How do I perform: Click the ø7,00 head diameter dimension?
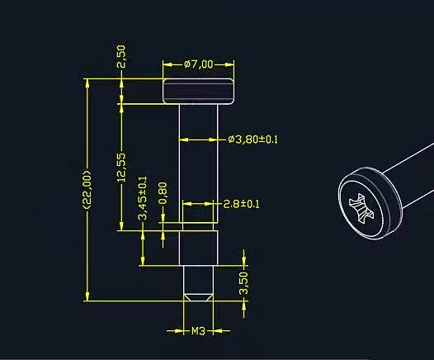pyautogui.click(x=198, y=64)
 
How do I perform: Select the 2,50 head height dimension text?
pyautogui.click(x=120, y=56)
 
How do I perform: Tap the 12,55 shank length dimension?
pyautogui.click(x=120, y=166)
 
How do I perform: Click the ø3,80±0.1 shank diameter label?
pyautogui.click(x=253, y=140)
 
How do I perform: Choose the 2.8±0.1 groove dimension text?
pyautogui.click(x=242, y=204)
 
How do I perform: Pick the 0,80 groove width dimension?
pyautogui.click(x=163, y=192)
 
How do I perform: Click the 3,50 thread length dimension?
pyautogui.click(x=243, y=283)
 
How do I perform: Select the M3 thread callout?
pyautogui.click(x=198, y=332)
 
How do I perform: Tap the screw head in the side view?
pyautogui.click(x=198, y=90)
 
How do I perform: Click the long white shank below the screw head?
pyautogui.click(x=198, y=157)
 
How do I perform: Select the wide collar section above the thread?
pyautogui.click(x=198, y=248)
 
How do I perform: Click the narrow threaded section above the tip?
pyautogui.click(x=198, y=279)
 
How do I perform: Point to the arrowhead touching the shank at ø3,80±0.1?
pyautogui.click(x=219, y=140)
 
